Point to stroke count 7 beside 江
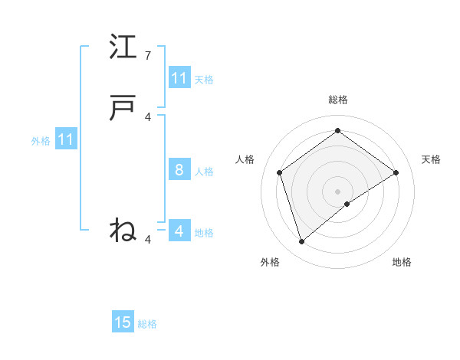click(148, 56)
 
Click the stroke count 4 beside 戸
click(148, 116)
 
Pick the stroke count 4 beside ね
click(148, 240)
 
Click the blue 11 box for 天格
click(179, 78)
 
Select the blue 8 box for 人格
click(179, 170)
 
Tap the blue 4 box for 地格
click(179, 231)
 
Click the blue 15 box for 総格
click(123, 322)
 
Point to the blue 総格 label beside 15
click(147, 324)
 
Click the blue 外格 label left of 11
click(41, 141)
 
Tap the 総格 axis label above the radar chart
click(338, 100)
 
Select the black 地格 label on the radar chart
click(402, 262)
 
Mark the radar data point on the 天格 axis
click(396, 172)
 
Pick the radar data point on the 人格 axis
click(280, 172)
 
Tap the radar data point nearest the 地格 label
click(347, 204)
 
